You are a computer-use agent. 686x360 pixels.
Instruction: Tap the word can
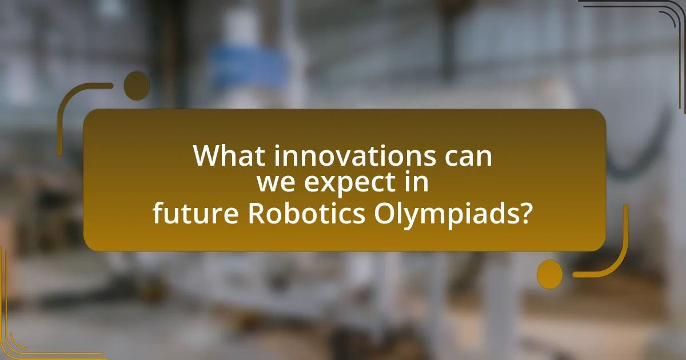(468, 157)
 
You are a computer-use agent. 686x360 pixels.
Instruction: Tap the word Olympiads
(441, 214)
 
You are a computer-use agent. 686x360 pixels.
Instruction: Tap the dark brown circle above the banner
(137, 85)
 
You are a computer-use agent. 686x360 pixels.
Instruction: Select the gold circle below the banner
(549, 274)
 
